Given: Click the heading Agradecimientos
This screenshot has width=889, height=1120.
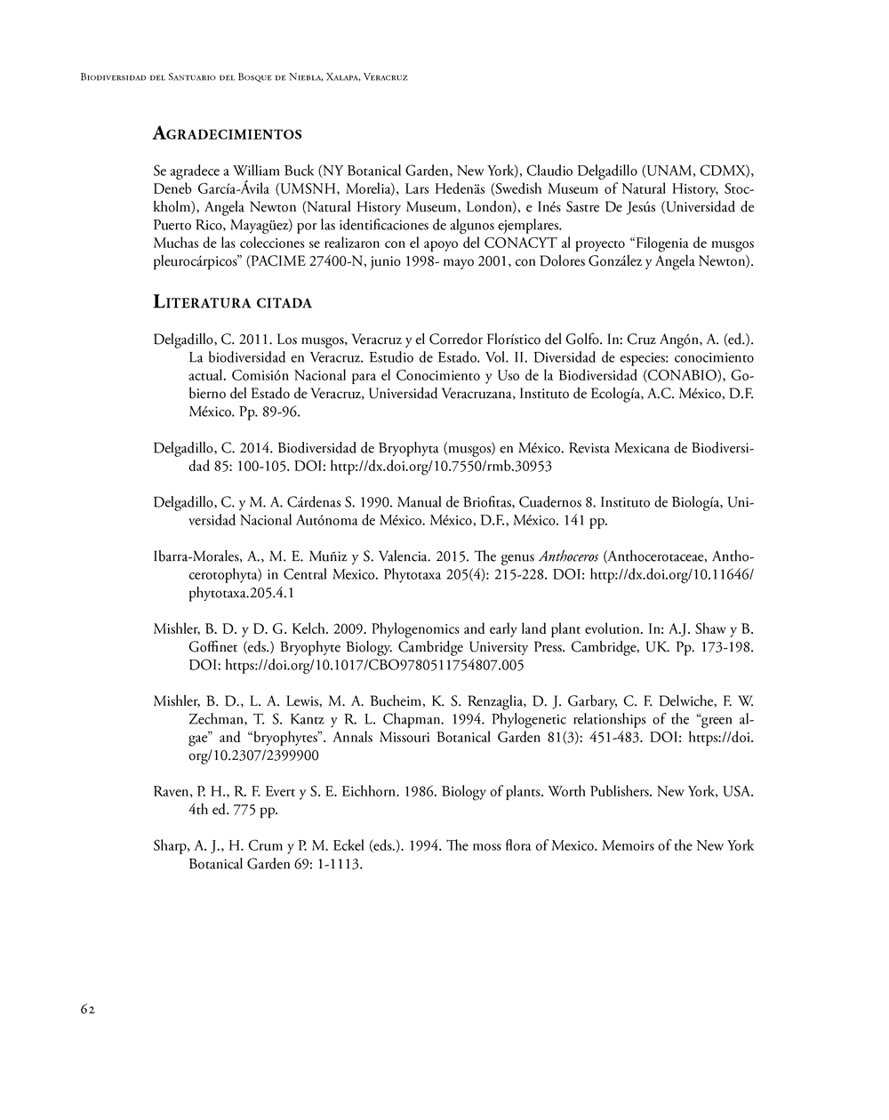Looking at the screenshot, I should tap(228, 134).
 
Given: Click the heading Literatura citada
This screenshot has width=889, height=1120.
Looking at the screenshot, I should tap(233, 302).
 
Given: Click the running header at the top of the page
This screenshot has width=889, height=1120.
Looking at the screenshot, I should tap(244, 77).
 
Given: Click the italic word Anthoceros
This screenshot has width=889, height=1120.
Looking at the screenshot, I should tap(568, 556).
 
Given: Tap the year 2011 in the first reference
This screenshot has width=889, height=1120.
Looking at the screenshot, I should tap(253, 340).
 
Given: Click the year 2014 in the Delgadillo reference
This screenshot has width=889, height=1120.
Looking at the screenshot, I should tap(253, 448).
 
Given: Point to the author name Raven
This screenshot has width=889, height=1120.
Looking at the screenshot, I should tap(172, 791).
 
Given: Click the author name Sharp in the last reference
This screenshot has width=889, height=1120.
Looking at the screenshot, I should tap(171, 845).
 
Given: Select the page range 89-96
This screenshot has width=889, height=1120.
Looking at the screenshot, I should tap(281, 412).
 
